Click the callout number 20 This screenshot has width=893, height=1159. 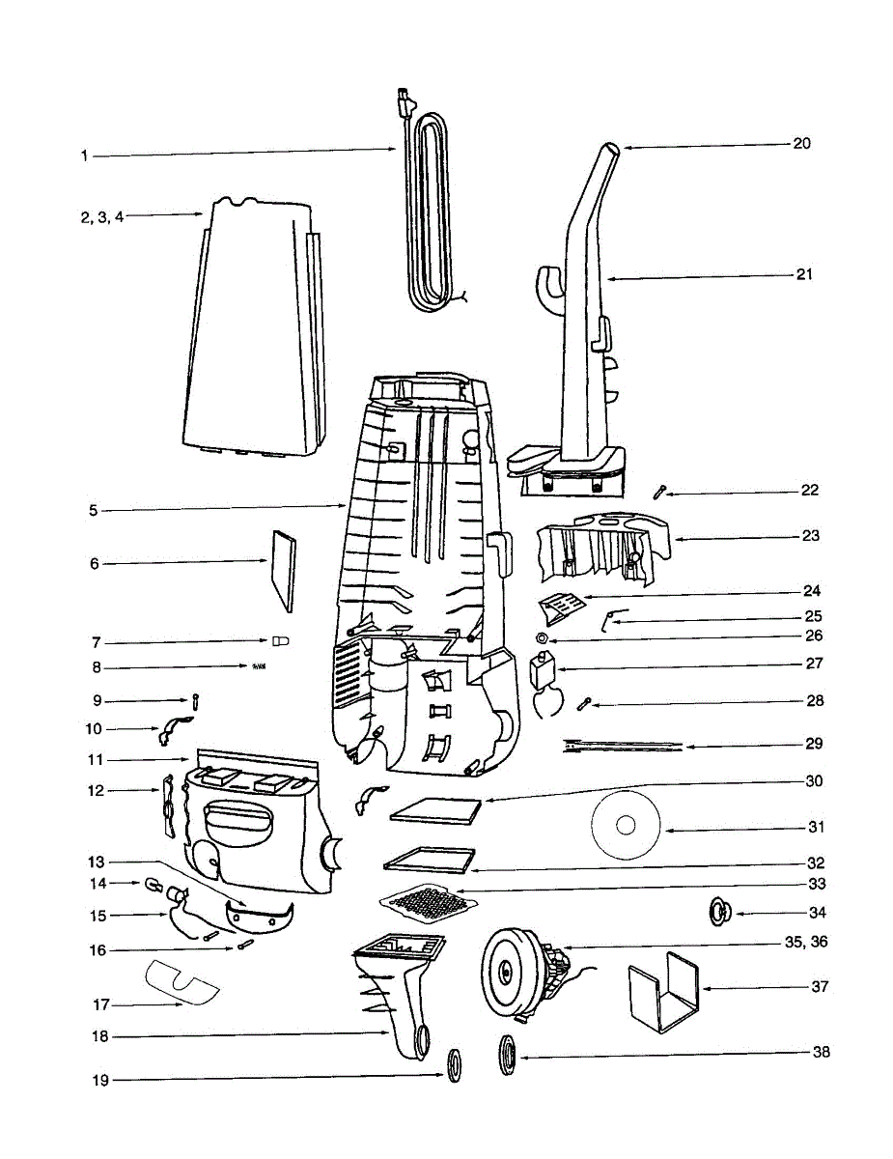(x=801, y=143)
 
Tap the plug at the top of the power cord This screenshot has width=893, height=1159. (x=404, y=99)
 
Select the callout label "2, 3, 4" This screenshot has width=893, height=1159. (x=102, y=216)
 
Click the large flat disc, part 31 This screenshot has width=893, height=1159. (x=625, y=826)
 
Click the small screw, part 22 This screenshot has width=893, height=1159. (x=658, y=493)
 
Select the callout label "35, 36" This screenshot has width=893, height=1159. (x=808, y=941)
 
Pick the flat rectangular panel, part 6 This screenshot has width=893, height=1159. (x=280, y=570)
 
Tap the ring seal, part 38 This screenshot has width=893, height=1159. (x=508, y=1054)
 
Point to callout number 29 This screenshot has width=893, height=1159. (x=814, y=744)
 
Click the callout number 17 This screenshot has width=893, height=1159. (x=101, y=1004)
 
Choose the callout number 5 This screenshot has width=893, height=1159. (x=94, y=510)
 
